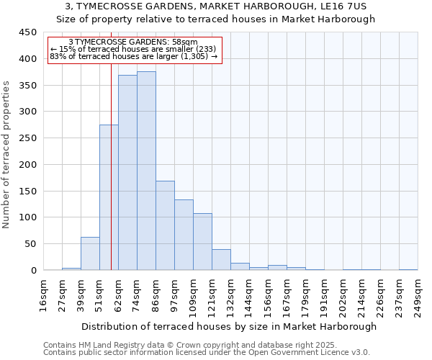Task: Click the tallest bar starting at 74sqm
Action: (146, 171)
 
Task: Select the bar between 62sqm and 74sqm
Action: (127, 173)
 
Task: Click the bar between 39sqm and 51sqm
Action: (90, 253)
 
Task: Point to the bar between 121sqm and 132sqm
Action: (221, 260)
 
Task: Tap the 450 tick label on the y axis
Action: (27, 32)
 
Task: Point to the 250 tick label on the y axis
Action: (27, 138)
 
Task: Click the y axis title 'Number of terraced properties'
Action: (6, 154)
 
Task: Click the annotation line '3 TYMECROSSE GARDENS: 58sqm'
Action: (133, 42)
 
